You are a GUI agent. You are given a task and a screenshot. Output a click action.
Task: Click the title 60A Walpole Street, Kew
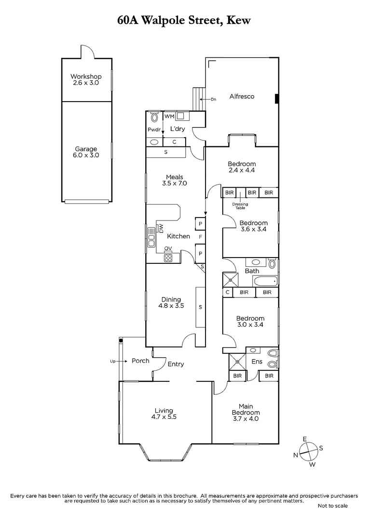tap(184, 21)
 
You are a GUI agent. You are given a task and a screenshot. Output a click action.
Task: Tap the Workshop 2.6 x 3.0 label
tap(86, 79)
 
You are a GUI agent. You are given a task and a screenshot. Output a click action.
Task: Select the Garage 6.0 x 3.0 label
tap(86, 152)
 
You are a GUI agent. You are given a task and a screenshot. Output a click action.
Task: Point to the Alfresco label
tap(242, 96)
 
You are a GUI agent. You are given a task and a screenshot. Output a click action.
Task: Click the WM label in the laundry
tap(169, 116)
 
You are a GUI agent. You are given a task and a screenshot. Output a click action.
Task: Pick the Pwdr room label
tap(154, 130)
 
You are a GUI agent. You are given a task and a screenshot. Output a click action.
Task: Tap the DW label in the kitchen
tap(162, 227)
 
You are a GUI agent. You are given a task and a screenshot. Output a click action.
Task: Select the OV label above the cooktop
tap(168, 248)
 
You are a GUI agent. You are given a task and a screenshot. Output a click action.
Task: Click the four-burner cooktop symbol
tap(168, 257)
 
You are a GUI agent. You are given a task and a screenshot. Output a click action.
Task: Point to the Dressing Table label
tap(240, 206)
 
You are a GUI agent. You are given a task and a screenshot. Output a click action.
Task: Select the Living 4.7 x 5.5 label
tap(164, 414)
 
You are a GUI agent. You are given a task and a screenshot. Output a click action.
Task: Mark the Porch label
tap(140, 361)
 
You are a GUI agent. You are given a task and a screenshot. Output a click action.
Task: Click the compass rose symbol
tap(308, 452)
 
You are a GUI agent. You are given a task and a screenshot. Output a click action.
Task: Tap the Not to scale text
tap(332, 506)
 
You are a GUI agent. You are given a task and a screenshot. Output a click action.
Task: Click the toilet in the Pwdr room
tap(154, 117)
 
